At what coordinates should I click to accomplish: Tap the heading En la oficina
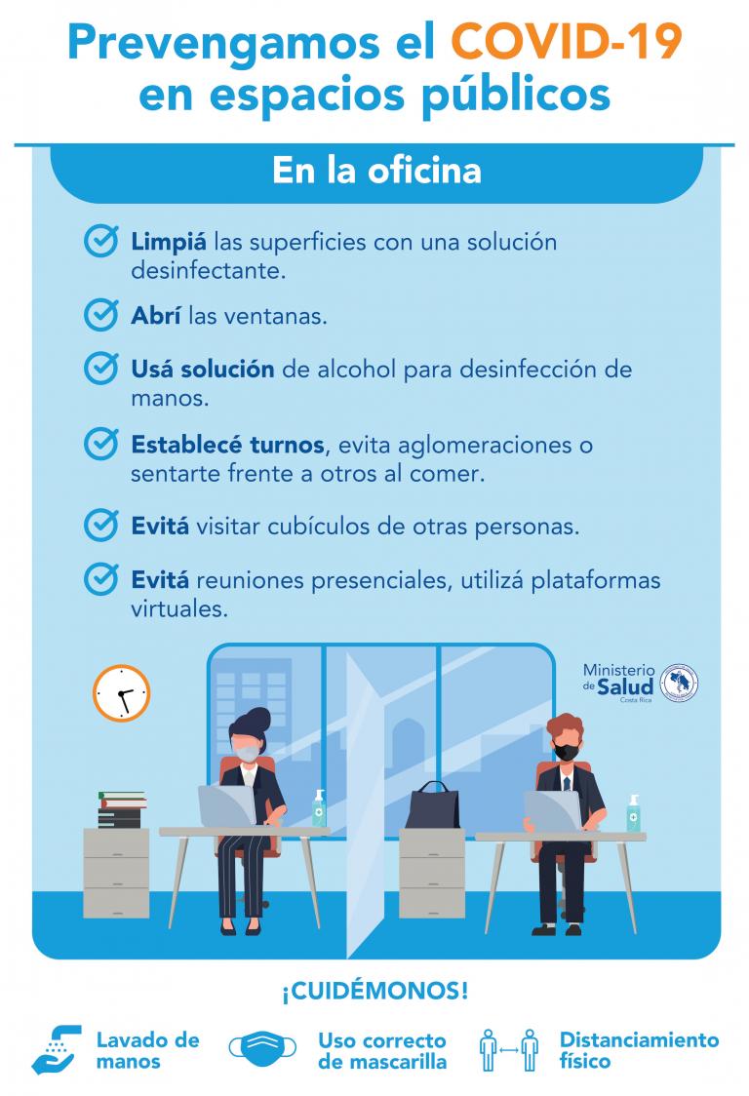(375, 171)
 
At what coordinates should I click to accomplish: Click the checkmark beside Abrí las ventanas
(101, 315)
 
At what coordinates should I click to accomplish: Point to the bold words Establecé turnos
(227, 445)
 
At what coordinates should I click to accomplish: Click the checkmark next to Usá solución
(101, 369)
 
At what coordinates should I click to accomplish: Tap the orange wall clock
(121, 692)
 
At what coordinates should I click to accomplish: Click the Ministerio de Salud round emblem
(680, 683)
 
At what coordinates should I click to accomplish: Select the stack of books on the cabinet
(121, 810)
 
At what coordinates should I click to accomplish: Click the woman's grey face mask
(250, 753)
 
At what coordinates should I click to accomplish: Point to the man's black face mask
(566, 752)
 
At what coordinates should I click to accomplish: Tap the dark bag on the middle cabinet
(432, 807)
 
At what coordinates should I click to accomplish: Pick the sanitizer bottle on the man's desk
(634, 814)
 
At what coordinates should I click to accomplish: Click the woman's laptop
(225, 807)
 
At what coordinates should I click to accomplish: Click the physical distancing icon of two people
(509, 1050)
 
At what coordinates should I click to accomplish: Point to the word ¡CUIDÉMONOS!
(374, 992)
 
